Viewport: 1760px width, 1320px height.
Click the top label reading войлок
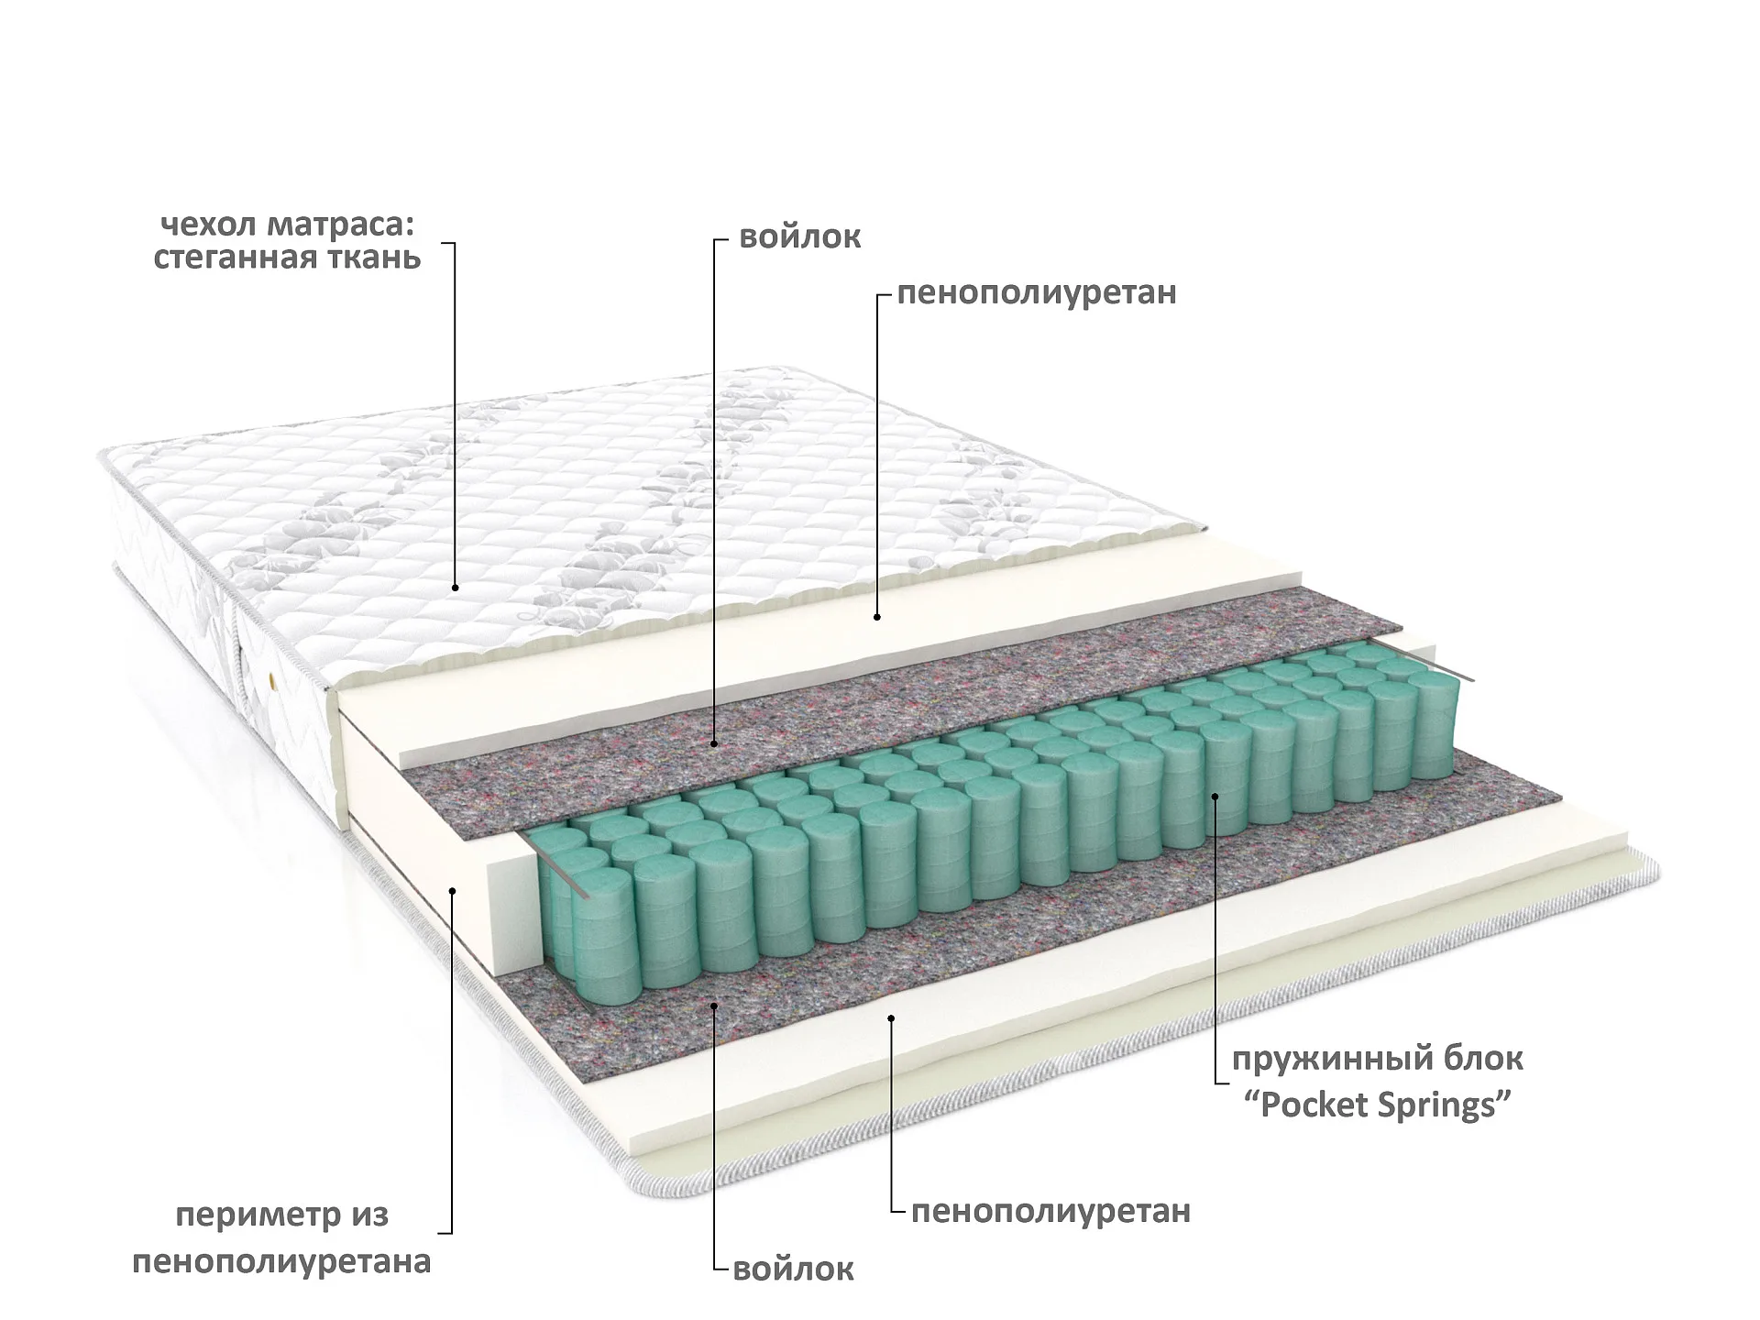click(799, 236)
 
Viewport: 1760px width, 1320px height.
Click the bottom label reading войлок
click(794, 1269)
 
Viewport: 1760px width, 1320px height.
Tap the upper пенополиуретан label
click(1037, 293)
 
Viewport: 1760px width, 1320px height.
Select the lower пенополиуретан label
click(1050, 1211)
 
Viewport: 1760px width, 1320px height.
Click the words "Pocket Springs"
click(1378, 1105)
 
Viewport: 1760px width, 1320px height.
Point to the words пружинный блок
click(1378, 1059)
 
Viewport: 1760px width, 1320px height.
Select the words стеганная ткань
click(287, 258)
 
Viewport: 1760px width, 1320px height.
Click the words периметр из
click(282, 1215)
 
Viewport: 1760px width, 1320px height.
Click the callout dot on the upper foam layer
click(877, 617)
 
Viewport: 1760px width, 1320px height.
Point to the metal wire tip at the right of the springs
click(1467, 678)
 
